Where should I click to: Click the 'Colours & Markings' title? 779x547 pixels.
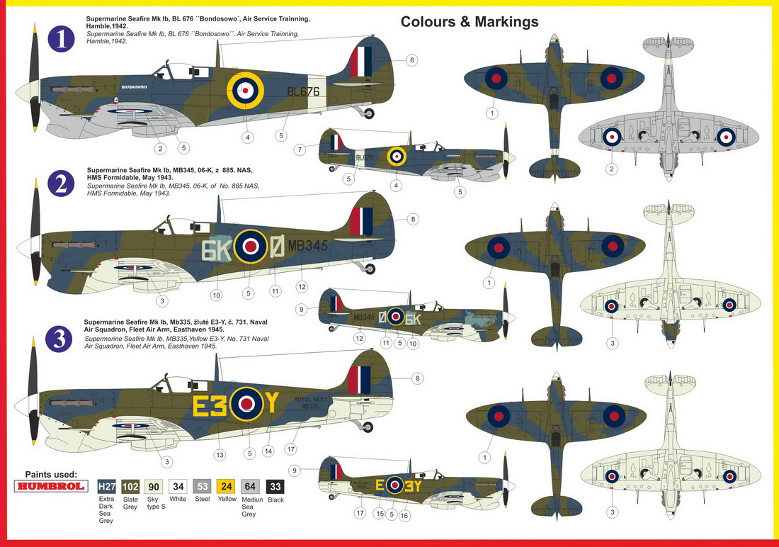coord(470,22)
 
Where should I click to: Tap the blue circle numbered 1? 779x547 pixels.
coord(62,39)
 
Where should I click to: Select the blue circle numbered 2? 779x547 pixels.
coord(61,184)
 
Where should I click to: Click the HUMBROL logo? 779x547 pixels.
coord(50,486)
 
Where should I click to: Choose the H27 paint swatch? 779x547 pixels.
coord(106,486)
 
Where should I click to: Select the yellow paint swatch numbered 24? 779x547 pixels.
coord(227,486)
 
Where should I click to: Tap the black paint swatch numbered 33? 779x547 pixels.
coord(275,486)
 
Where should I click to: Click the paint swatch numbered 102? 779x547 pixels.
coord(130,486)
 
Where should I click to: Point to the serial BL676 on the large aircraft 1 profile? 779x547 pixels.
coord(304,91)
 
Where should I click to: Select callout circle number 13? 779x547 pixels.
coord(220,454)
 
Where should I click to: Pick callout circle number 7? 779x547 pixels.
coord(300,150)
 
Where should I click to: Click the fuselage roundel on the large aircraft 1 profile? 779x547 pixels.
coord(245,90)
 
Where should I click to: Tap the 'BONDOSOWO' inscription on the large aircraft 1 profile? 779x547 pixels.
coord(133,86)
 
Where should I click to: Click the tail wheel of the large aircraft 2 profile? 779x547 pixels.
coord(369,269)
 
